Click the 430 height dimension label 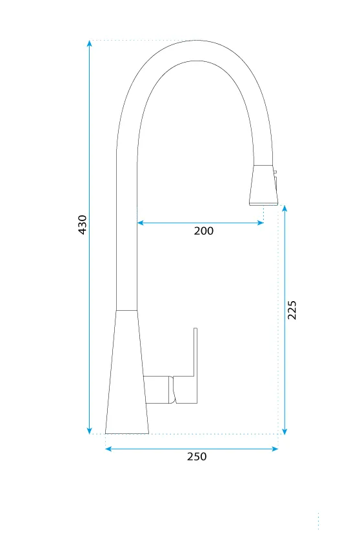(82, 224)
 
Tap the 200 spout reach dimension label (203, 231)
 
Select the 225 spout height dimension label (292, 309)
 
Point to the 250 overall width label (197, 457)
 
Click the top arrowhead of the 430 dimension (90, 43)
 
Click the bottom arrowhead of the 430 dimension (90, 431)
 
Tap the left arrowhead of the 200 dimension (141, 222)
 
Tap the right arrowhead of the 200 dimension (261, 222)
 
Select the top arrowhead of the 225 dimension (285, 208)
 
